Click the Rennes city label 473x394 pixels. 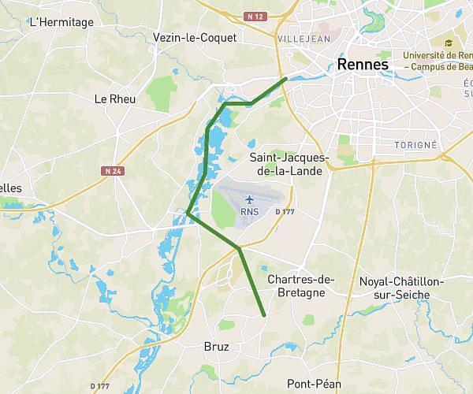pyautogui.click(x=363, y=64)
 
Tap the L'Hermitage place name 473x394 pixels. pyautogui.click(x=61, y=22)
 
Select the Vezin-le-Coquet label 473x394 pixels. pyautogui.click(x=195, y=37)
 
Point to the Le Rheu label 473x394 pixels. pyautogui.click(x=115, y=99)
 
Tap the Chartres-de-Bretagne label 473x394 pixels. pyautogui.click(x=302, y=286)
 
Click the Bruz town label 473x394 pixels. pyautogui.click(x=216, y=346)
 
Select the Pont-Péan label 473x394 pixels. pyautogui.click(x=314, y=384)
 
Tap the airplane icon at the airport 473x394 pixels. pyautogui.click(x=250, y=198)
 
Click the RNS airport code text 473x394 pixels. pyautogui.click(x=250, y=211)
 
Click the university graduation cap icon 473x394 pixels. pyautogui.click(x=449, y=43)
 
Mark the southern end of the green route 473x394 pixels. pyautogui.click(x=264, y=315)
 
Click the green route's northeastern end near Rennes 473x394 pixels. pyautogui.click(x=285, y=79)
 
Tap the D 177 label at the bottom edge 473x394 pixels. pyautogui.click(x=99, y=385)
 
